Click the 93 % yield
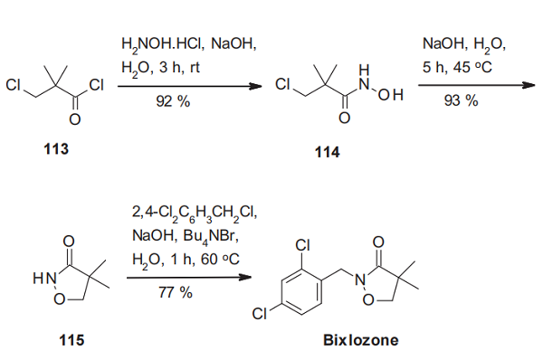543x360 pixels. coord(461,100)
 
